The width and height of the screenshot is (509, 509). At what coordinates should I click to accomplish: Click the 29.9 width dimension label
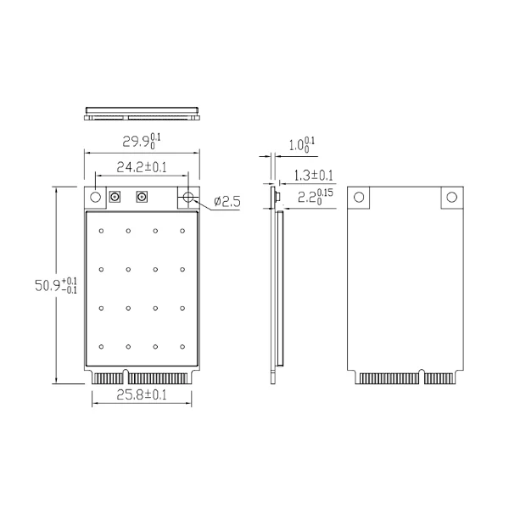[141, 141]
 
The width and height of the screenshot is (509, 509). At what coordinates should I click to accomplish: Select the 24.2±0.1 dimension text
[142, 167]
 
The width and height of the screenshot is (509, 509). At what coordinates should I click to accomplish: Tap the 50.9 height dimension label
[56, 286]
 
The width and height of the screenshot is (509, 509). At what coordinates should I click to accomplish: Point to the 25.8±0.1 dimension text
[142, 394]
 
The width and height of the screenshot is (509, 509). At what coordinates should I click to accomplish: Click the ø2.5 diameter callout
[227, 202]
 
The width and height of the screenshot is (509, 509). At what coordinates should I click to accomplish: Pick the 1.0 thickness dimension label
[302, 145]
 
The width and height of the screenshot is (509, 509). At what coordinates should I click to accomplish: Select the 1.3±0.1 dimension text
[314, 176]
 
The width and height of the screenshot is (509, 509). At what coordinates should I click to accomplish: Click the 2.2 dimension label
[316, 197]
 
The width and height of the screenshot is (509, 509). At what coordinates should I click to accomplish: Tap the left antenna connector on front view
[115, 197]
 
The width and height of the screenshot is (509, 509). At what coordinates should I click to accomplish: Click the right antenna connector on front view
[142, 197]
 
